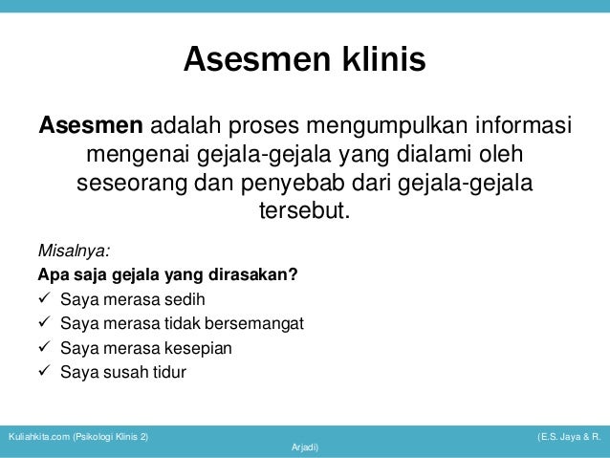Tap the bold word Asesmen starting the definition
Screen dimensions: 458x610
pos(91,126)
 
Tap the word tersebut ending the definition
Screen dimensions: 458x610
pos(303,208)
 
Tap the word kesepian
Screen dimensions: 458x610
pos(198,348)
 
